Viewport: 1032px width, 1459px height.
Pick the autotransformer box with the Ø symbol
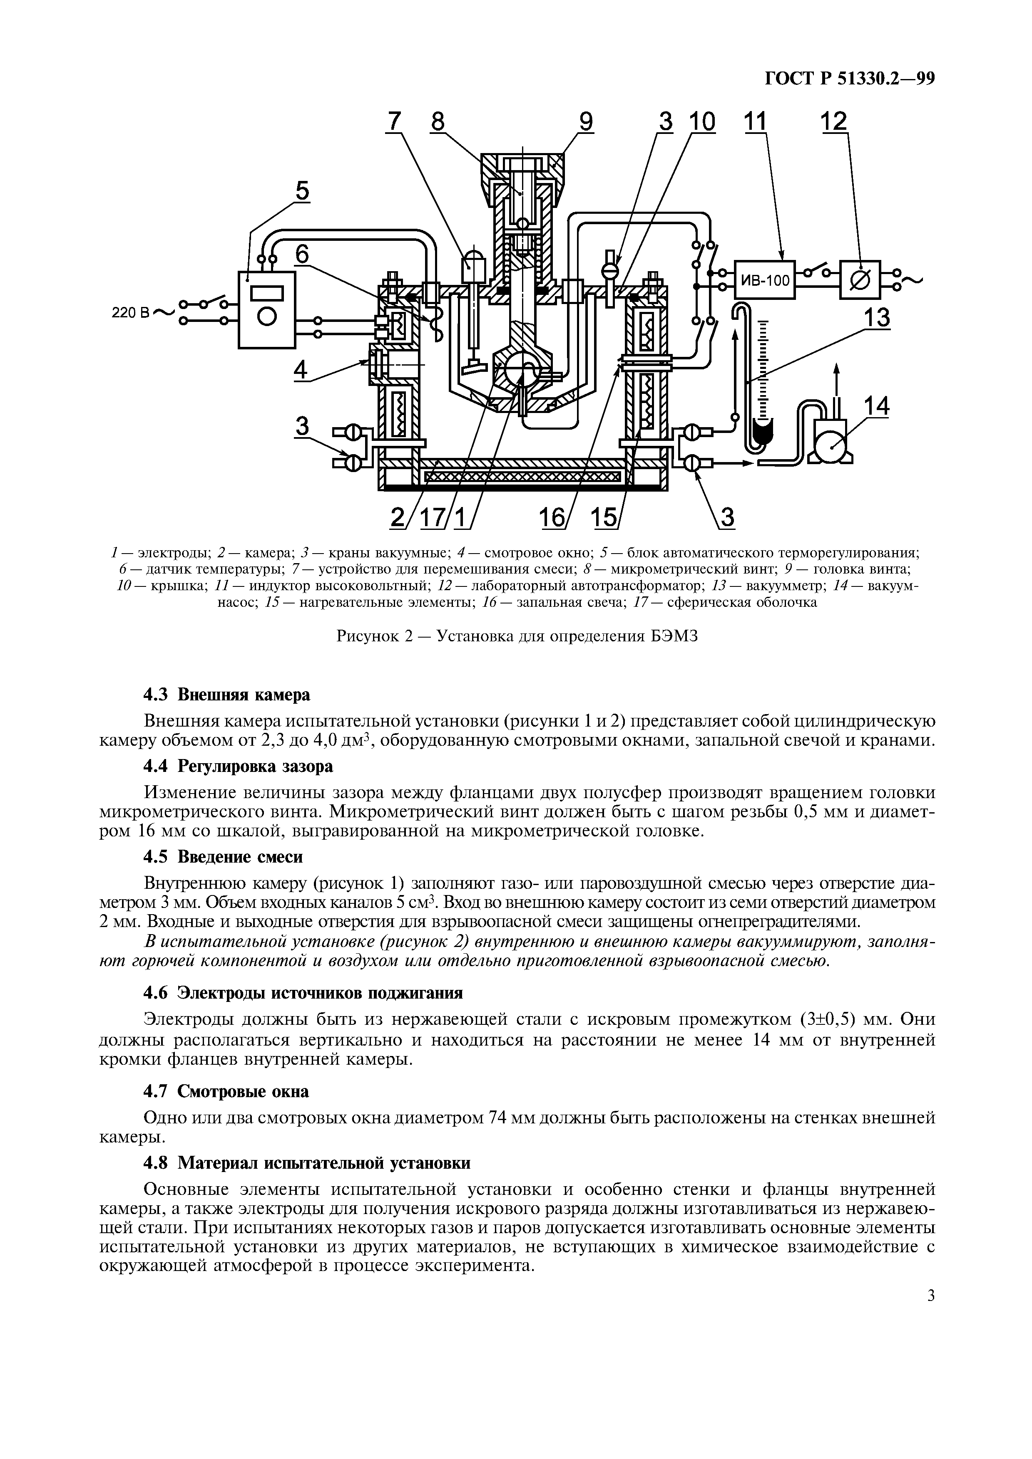pyautogui.click(x=860, y=279)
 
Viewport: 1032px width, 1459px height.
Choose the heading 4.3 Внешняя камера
pyautogui.click(x=227, y=695)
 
